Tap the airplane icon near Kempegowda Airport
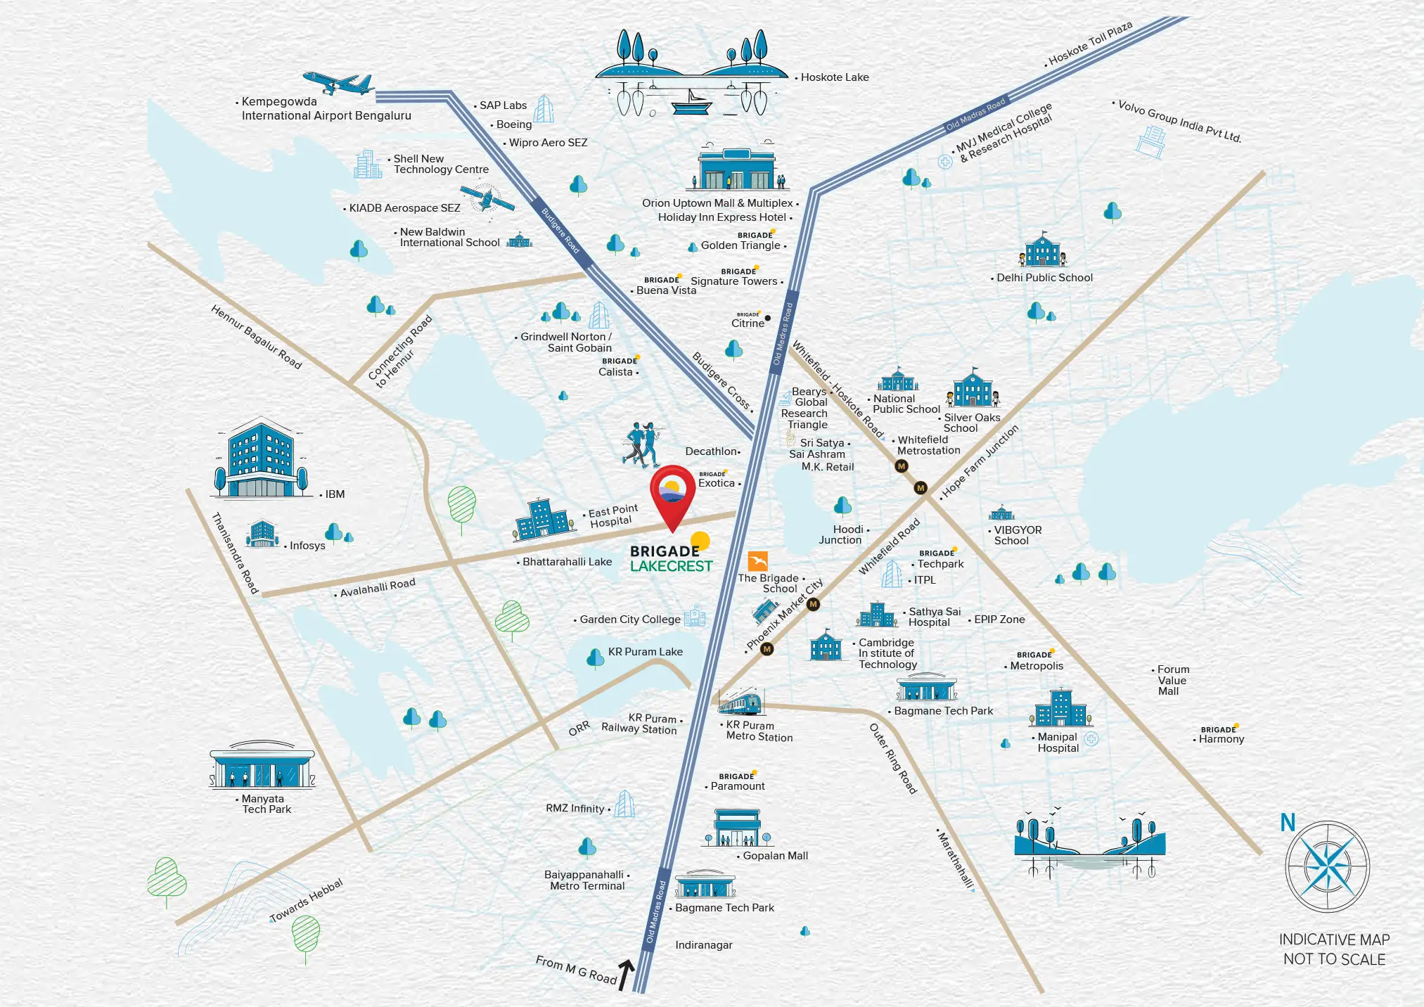point(339,83)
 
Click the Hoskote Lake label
point(834,77)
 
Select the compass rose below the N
point(1327,867)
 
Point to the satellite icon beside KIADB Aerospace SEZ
point(487,198)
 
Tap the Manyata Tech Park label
point(266,804)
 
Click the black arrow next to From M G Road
point(625,975)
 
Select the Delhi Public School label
point(1044,278)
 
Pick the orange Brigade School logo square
point(758,561)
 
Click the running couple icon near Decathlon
point(642,445)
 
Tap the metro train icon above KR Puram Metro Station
point(740,702)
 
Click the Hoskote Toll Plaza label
point(1089,43)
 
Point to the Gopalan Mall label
point(775,856)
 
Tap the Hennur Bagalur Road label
point(256,337)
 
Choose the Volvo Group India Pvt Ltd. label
point(1179,121)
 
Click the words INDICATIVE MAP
point(1334,939)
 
